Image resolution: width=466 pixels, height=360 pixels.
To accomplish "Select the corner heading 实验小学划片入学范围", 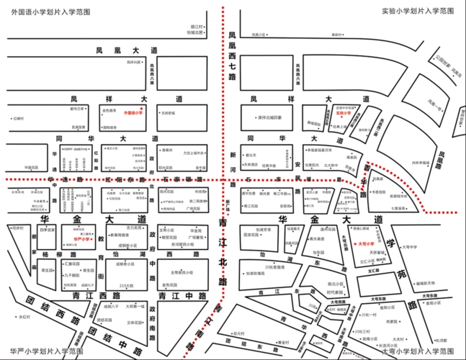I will click(x=418, y=11).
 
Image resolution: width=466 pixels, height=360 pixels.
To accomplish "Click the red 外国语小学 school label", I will click(x=133, y=113).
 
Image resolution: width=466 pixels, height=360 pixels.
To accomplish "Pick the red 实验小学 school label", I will click(x=343, y=113).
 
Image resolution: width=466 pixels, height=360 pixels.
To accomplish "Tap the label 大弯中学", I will click(x=410, y=247).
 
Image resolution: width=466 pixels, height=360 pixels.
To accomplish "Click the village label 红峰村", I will click(x=18, y=117).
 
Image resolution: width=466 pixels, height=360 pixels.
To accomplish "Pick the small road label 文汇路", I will click(x=374, y=271).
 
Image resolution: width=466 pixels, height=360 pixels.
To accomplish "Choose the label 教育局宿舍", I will click(x=120, y=235).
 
